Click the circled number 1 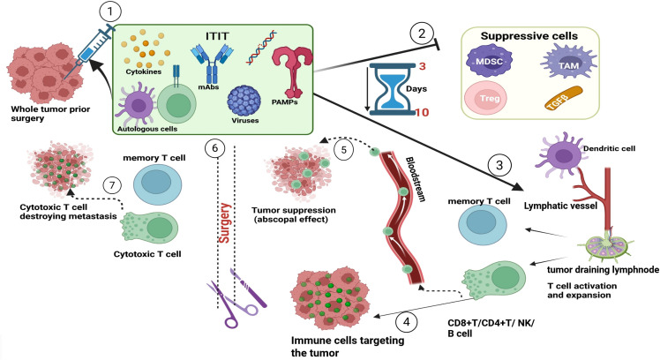tap(110, 11)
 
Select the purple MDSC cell tap(489, 62)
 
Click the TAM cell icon tap(568, 64)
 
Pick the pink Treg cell tap(485, 98)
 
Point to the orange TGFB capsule tap(564, 99)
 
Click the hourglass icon tap(392, 88)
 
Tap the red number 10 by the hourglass tap(422, 113)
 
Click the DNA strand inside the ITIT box tap(261, 48)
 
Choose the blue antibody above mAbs tap(212, 64)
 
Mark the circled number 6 tap(214, 148)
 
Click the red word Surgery tap(225, 222)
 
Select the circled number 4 tap(406, 323)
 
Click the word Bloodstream tap(416, 179)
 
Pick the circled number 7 tap(111, 185)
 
